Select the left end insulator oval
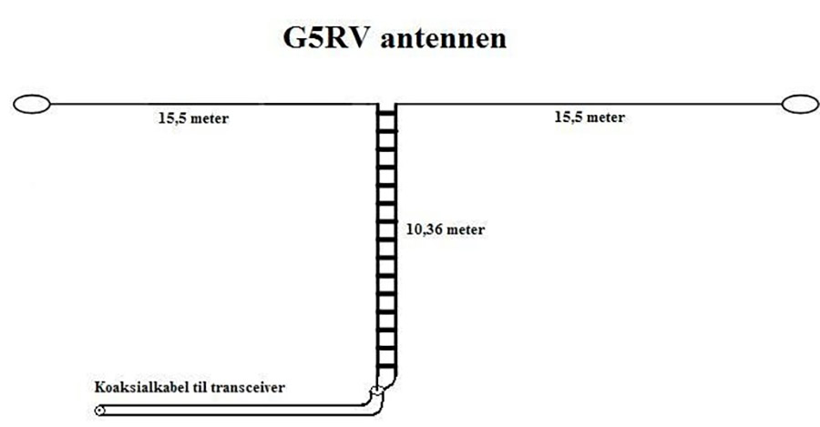coord(32,105)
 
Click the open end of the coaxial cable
coord(98,412)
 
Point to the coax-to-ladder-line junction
coord(376,394)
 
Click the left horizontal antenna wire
coord(210,105)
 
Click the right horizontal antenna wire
coord(592,105)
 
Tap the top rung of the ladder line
coord(387,113)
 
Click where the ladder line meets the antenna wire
coord(387,105)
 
